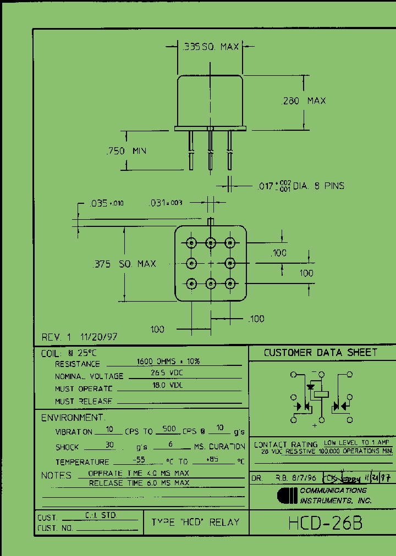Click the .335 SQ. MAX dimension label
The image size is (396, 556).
[x=210, y=47]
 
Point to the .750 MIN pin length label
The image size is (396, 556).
[x=126, y=151]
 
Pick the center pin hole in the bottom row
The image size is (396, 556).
[x=211, y=283]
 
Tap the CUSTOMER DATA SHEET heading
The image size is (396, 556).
[x=321, y=353]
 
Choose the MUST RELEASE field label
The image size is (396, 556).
[x=83, y=402]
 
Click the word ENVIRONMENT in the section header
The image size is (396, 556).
[x=73, y=418]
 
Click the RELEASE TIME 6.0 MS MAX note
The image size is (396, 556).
[x=139, y=483]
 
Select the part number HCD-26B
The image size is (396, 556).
[x=325, y=523]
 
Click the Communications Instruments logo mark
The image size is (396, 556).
[x=287, y=496]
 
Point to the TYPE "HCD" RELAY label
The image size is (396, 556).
[x=196, y=522]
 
